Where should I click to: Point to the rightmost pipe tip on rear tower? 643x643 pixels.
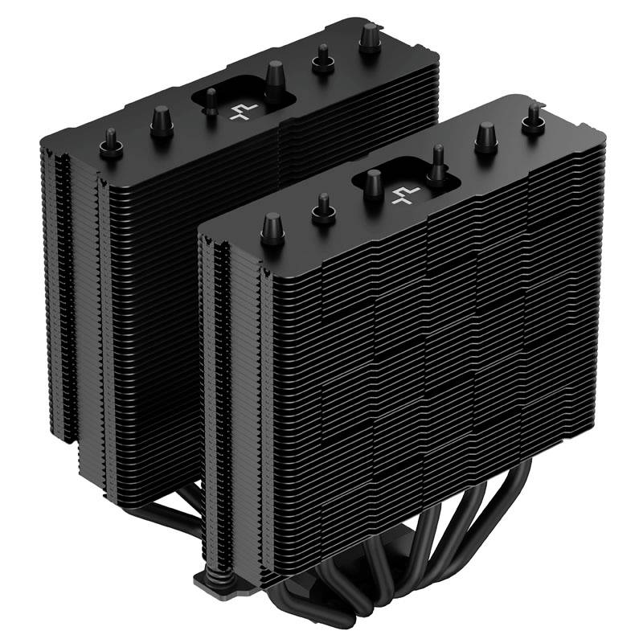point(370,35)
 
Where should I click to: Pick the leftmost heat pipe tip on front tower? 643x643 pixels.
point(272,224)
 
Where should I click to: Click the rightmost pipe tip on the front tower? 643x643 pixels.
point(531,118)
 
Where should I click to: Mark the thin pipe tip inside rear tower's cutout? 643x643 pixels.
point(211,100)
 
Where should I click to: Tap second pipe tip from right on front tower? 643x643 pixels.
point(485,136)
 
